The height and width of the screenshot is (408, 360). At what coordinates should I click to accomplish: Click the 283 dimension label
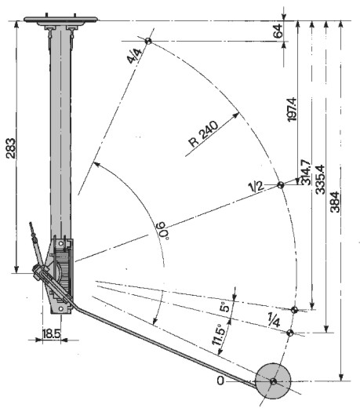pos(11,148)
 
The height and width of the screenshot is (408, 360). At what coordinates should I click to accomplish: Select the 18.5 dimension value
pos(52,334)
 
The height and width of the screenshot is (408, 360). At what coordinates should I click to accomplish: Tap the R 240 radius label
pos(203,133)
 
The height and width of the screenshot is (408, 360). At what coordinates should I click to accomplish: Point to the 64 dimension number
pos(278,31)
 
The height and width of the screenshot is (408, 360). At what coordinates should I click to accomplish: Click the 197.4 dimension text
pos(292,109)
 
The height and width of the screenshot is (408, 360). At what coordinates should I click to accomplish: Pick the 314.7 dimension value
pos(307,172)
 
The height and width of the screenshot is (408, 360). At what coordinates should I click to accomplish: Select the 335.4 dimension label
pos(320,180)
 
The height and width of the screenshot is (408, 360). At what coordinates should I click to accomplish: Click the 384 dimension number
pos(335,202)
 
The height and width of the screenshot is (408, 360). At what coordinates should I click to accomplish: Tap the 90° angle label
pos(162,231)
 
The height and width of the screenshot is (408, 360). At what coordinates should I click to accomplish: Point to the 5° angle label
pos(224,306)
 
